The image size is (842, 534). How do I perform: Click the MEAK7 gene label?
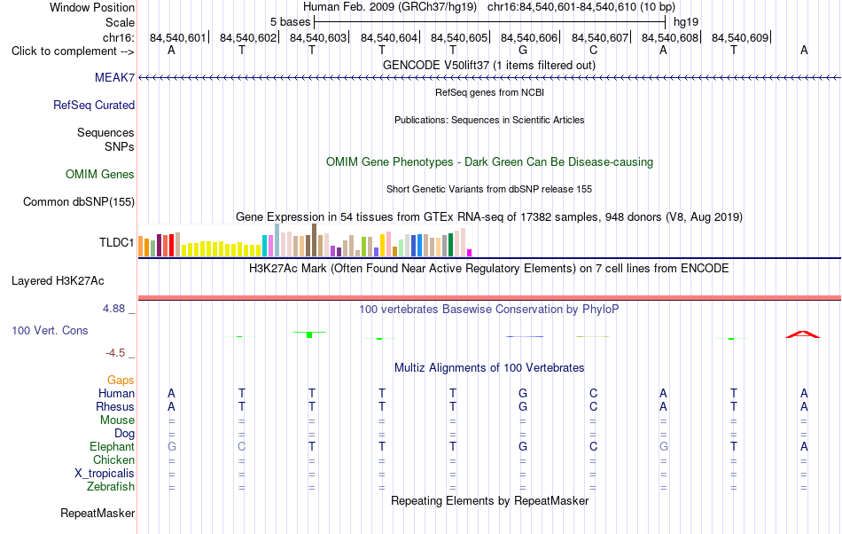tap(114, 77)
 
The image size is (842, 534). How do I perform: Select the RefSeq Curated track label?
tap(93, 105)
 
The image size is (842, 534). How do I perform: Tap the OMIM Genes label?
tap(99, 174)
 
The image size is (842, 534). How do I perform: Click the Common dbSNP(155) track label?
tap(78, 201)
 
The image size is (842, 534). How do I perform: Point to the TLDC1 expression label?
tap(116, 242)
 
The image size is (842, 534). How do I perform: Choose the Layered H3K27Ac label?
tap(58, 281)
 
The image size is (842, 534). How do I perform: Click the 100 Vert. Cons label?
tap(50, 330)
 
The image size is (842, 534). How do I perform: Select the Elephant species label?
tap(112, 446)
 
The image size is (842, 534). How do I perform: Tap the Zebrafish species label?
tap(111, 486)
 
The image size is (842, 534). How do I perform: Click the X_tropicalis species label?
tap(105, 474)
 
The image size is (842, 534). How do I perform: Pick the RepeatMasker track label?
tap(97, 513)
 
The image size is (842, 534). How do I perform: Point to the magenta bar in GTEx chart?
tap(470, 253)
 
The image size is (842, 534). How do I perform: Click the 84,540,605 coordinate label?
tap(458, 37)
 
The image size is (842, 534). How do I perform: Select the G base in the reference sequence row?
tap(523, 50)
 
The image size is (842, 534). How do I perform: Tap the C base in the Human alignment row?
tap(593, 393)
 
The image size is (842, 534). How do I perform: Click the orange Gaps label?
tap(121, 381)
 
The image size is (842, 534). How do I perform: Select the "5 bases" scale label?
tap(290, 22)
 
